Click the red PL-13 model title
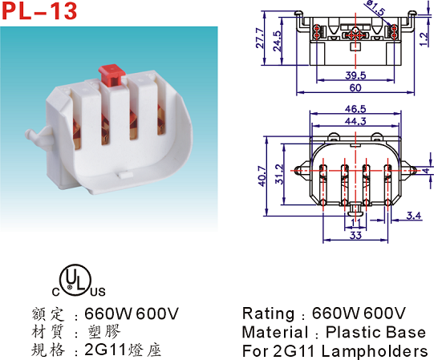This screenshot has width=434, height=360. point(39,11)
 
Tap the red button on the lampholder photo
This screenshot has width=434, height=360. point(112,75)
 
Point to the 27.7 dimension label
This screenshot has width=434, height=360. point(261,38)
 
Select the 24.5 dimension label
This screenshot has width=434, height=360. point(277,41)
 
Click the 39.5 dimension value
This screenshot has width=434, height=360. point(355,75)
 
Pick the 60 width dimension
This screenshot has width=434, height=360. point(355,87)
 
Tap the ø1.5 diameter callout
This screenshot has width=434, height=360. point(375,7)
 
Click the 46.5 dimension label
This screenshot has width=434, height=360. point(355,109)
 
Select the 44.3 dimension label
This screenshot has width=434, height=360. point(355,121)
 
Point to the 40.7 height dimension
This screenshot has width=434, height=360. point(262,176)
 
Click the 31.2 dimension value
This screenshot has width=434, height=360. point(280,174)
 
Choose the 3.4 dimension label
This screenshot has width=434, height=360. point(414,215)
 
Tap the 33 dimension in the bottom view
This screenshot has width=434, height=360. point(355,235)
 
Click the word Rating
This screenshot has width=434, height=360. point(268,313)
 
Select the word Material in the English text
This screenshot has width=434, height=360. point(275,332)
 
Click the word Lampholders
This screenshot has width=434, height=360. point(375,351)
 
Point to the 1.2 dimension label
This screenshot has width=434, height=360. point(424,39)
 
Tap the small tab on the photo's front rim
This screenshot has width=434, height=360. point(127,175)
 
